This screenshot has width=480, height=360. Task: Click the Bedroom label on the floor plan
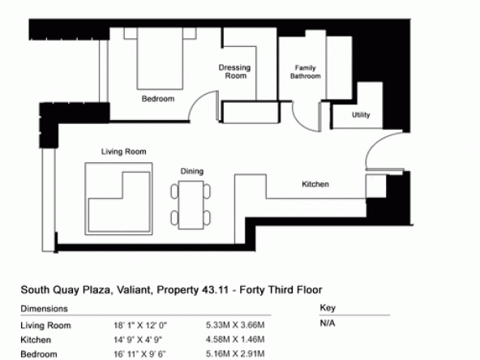(x=158, y=99)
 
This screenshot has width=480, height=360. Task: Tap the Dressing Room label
(x=235, y=71)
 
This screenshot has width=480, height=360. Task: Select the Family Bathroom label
(x=305, y=72)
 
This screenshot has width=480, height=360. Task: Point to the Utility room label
(x=361, y=115)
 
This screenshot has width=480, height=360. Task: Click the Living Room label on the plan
(x=124, y=152)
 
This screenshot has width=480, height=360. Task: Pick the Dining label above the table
(x=192, y=171)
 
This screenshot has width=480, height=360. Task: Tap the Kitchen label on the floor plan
(x=315, y=184)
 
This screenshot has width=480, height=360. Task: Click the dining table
(x=191, y=205)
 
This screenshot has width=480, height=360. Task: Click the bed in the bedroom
(x=160, y=58)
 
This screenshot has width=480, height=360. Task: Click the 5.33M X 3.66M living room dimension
(x=235, y=325)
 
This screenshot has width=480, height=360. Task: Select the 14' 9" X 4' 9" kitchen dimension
(x=138, y=340)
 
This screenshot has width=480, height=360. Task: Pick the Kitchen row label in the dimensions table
(x=36, y=340)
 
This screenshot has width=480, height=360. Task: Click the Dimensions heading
(x=44, y=309)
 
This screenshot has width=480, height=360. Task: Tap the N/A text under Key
(x=328, y=324)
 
